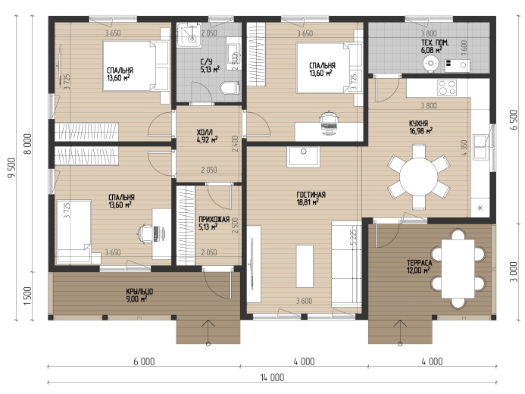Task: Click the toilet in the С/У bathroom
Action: click(x=230, y=88)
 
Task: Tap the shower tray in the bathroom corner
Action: click(x=189, y=35)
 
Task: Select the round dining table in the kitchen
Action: click(x=418, y=176)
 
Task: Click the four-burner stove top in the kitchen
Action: click(x=447, y=88)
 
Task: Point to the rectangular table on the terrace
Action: click(x=458, y=268)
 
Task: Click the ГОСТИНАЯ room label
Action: click(x=311, y=195)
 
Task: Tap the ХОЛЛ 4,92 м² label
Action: click(x=208, y=136)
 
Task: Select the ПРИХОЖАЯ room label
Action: click(x=214, y=220)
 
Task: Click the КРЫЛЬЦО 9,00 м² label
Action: click(x=139, y=295)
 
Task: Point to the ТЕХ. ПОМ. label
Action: click(x=435, y=43)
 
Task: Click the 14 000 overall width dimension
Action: click(x=272, y=377)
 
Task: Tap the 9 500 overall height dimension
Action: click(x=12, y=167)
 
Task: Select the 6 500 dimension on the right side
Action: click(x=514, y=120)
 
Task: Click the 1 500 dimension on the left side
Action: click(x=28, y=295)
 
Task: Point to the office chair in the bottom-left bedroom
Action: click(x=145, y=233)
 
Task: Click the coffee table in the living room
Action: click(x=305, y=266)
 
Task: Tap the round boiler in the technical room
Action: click(x=430, y=64)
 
